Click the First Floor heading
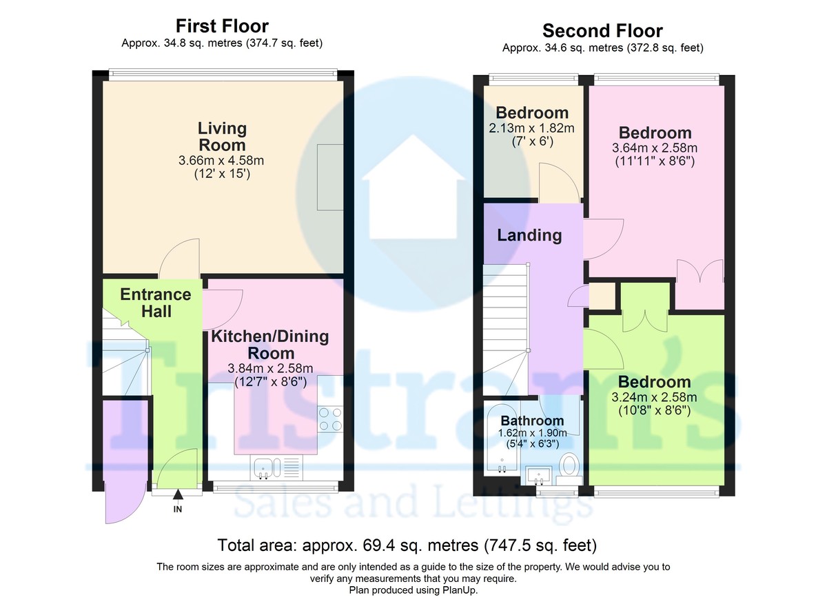[x=222, y=26]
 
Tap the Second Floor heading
[x=602, y=30]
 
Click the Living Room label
[x=222, y=137]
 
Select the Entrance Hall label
[x=156, y=303]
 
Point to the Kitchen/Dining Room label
[x=270, y=345]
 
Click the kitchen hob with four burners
[x=330, y=419]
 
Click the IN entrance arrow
[x=178, y=494]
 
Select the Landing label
[x=529, y=235]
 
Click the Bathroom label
[x=532, y=421]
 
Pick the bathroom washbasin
[x=539, y=476]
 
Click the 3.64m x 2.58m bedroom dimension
[x=655, y=148]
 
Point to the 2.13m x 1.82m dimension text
[x=531, y=128]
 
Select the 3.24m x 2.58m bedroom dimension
[x=654, y=397]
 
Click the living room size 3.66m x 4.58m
[x=221, y=160]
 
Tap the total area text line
[x=407, y=545]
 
